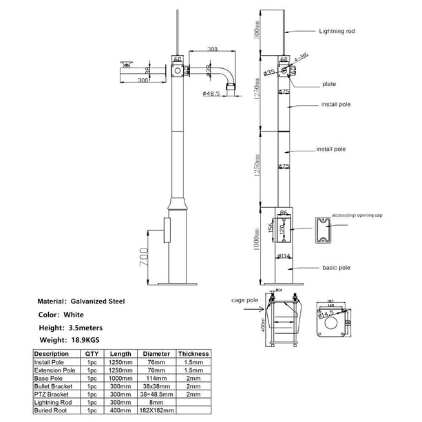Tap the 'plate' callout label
(329, 85)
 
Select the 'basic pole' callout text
(337, 267)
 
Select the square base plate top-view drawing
(332, 322)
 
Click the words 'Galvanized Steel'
(98, 302)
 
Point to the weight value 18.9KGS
(85, 339)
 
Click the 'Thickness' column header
(193, 354)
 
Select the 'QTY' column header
(92, 354)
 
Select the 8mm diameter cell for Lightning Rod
(155, 403)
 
